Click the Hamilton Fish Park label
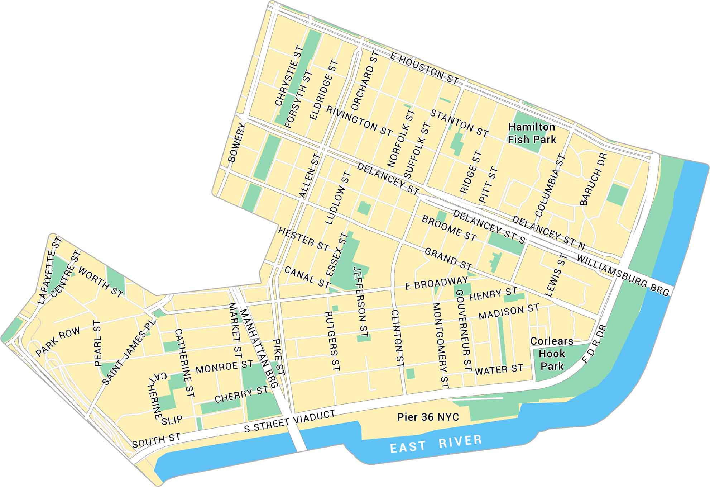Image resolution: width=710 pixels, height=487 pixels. click(x=532, y=133)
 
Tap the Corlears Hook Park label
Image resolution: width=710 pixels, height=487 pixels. click(x=552, y=354)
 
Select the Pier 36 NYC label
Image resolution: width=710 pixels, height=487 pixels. click(x=428, y=417)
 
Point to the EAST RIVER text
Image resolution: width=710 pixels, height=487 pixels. click(x=436, y=444)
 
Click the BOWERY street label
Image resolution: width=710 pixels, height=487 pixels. click(x=237, y=143)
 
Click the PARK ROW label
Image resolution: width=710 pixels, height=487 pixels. click(x=58, y=342)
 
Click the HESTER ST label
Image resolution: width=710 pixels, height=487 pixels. click(x=303, y=239)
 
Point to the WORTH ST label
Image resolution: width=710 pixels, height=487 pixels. click(x=101, y=282)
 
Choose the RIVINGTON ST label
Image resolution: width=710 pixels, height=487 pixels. click(x=359, y=121)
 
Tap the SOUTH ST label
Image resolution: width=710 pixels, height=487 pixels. click(x=156, y=440)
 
